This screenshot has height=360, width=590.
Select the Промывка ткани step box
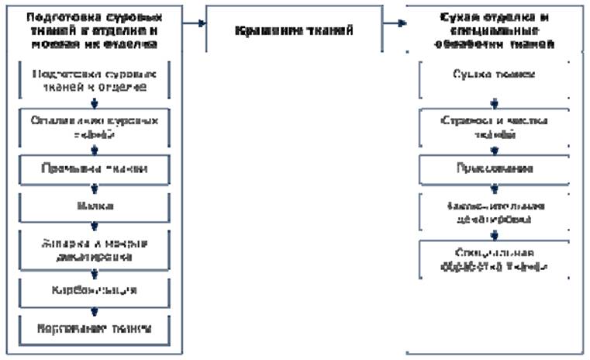[x=94, y=168]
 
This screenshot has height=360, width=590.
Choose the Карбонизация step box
[x=94, y=290]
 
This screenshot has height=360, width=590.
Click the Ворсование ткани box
[x=94, y=327]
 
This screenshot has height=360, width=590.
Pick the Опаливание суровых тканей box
[x=94, y=127]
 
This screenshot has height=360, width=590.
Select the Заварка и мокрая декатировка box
[x=94, y=248]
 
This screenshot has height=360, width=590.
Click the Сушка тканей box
[x=495, y=78]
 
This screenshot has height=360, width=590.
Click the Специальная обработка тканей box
[x=495, y=259]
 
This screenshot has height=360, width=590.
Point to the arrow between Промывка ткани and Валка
[x=95, y=187]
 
